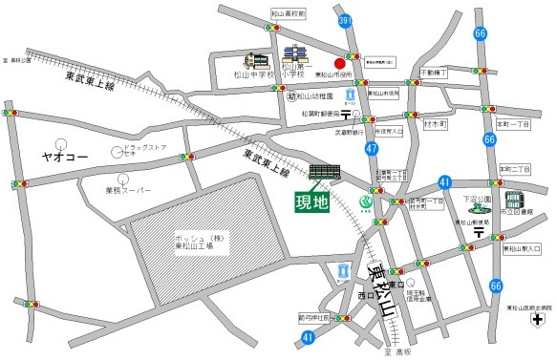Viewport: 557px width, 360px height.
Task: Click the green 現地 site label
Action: (311, 201)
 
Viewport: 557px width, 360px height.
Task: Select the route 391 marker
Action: (344, 20)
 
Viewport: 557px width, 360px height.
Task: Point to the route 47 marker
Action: (371, 148)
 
